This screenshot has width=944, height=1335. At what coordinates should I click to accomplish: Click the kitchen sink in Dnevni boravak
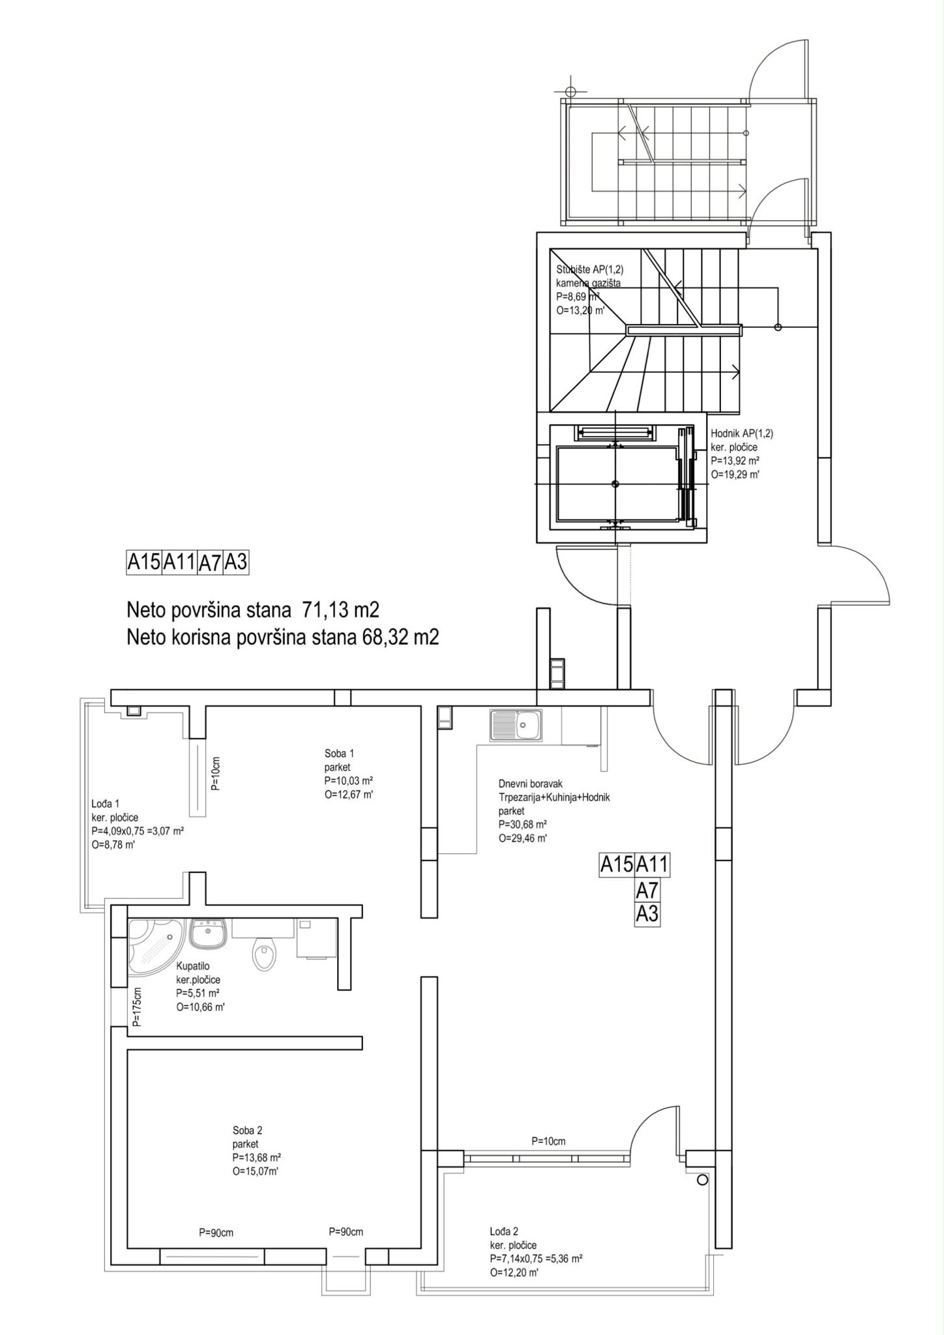point(515,724)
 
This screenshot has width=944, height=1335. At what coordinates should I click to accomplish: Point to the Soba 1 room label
point(339,753)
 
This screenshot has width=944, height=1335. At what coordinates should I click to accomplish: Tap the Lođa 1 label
point(105,804)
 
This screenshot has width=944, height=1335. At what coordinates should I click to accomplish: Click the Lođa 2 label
point(504,1231)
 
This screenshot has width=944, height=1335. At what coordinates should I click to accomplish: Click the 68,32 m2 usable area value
point(400,637)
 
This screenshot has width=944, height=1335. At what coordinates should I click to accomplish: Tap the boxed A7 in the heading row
point(209,563)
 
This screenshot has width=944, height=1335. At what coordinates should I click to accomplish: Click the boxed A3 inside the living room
point(647,914)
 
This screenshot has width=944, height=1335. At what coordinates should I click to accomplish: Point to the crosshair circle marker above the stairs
point(570,91)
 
